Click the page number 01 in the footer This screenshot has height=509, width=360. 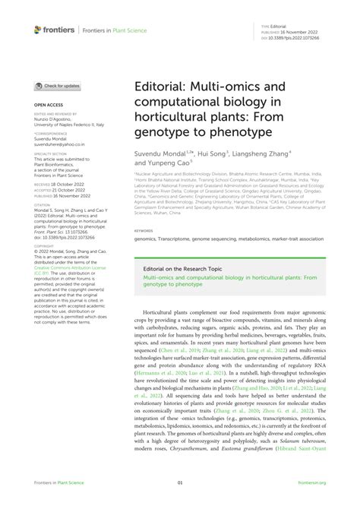coord(180,482)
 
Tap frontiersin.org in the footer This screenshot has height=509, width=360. coord(312,482)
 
